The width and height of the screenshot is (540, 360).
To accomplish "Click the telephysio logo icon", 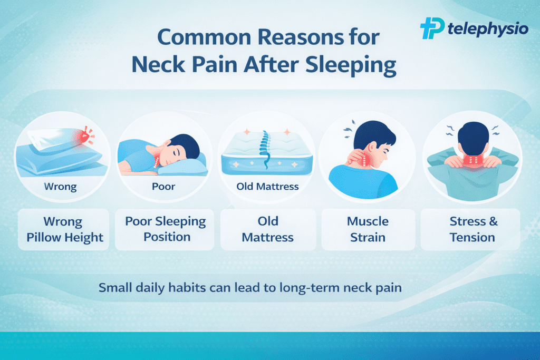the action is point(432,28).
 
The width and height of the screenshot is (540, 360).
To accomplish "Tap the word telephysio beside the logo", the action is point(488,29).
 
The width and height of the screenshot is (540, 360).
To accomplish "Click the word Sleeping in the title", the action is point(351,65).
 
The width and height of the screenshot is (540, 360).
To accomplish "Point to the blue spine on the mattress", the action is point(265,149).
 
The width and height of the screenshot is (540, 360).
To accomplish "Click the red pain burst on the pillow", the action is point(85,135).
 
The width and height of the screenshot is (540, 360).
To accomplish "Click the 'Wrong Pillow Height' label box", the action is point(64,229).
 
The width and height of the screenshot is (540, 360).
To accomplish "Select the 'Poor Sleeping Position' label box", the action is point(165,229).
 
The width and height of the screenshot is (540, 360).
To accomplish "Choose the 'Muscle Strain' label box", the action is point(368,229).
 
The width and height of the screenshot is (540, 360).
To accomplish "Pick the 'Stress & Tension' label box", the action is point(470,229).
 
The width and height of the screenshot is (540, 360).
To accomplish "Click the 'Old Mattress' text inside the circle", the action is point(267,187).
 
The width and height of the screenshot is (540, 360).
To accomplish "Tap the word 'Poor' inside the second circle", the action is point(163,187).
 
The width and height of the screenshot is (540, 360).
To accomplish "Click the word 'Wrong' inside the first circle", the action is point(60,187).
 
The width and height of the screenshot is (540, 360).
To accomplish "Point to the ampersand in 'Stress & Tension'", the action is point(493,221).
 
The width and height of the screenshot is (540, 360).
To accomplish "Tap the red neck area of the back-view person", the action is point(473,161).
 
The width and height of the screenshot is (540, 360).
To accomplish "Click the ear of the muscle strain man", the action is point(372,147).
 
